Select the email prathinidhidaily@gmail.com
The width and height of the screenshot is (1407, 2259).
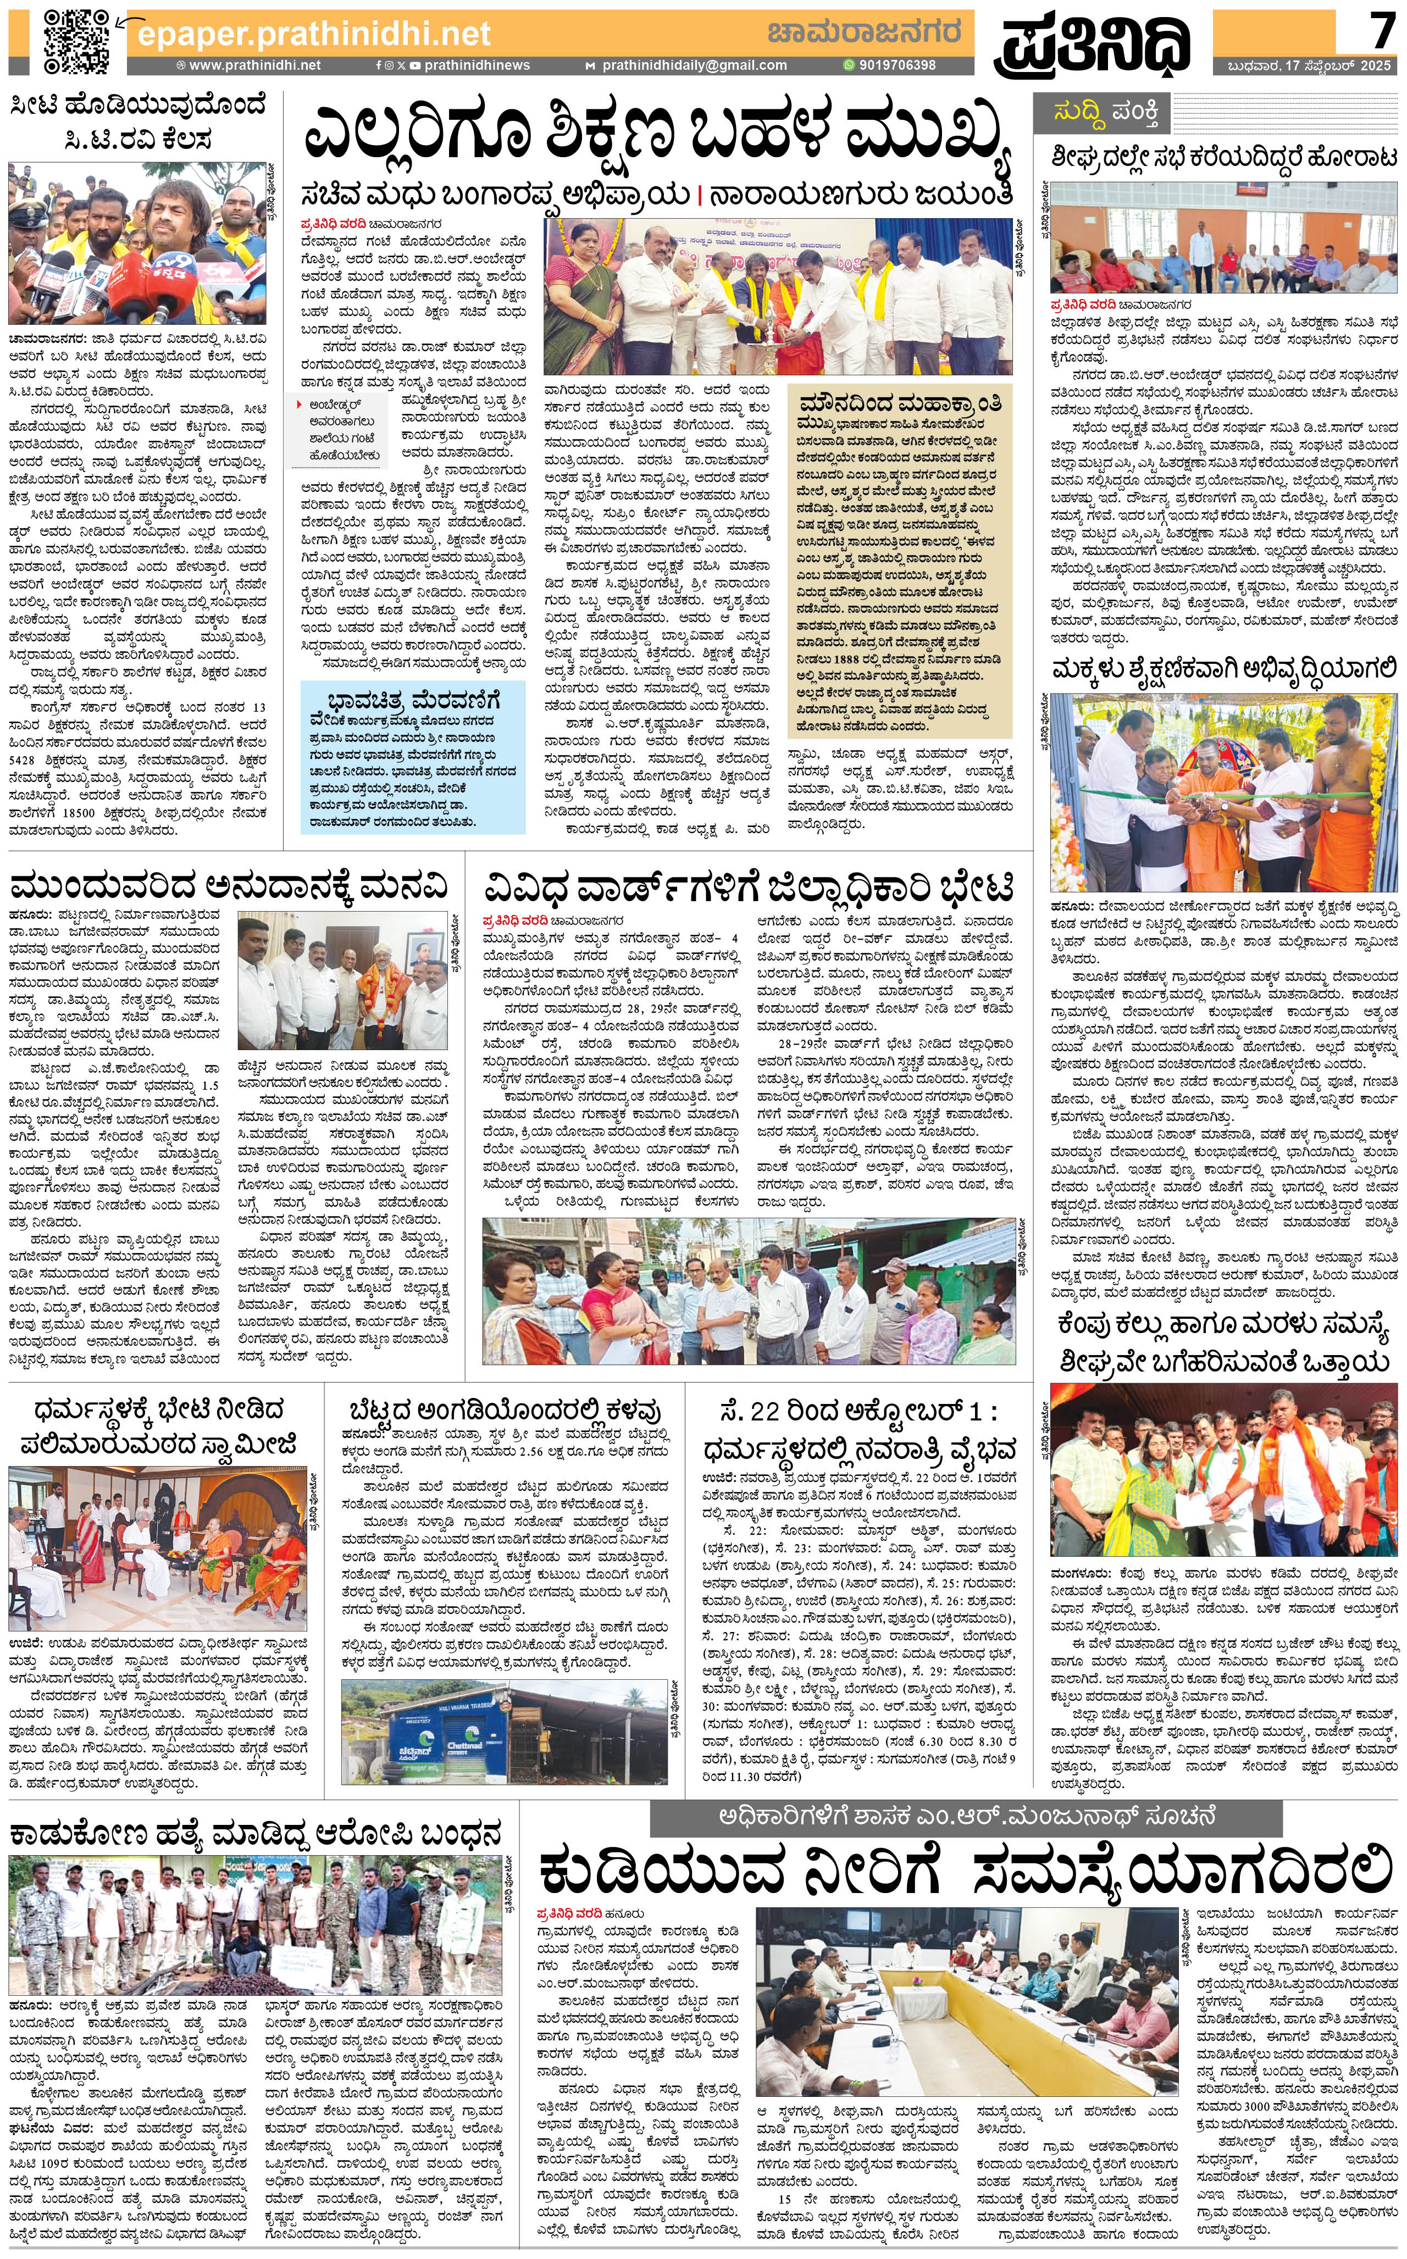click(693, 65)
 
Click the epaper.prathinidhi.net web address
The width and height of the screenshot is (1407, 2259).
click(313, 35)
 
